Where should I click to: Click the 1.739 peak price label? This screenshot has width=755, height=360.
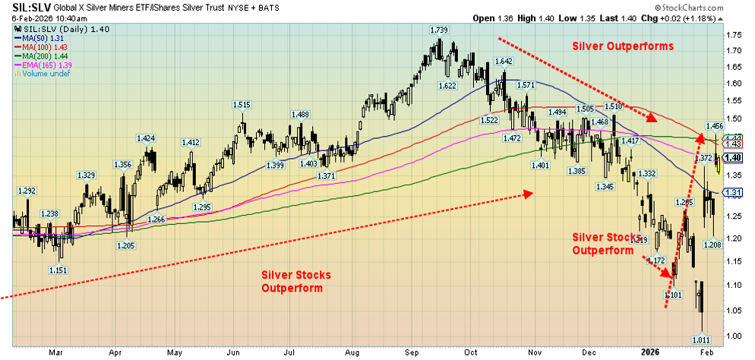coord(438,29)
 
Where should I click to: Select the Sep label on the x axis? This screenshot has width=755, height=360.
coord(415,352)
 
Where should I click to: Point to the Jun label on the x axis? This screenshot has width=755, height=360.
coord(234,352)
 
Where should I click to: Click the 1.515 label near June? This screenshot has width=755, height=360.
coord(242,105)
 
